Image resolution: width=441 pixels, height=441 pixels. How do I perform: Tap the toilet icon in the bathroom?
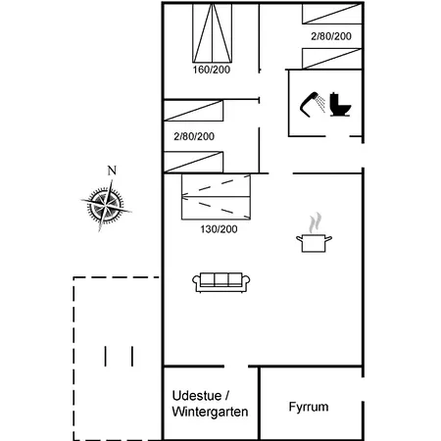tap(340, 105)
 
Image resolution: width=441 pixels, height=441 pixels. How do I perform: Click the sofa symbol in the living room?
tap(221, 282)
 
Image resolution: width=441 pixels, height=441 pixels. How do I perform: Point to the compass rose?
tap(106, 206)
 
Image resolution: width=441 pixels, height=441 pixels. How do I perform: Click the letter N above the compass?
tap(112, 171)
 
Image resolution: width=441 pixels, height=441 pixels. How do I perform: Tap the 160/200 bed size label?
tap(212, 70)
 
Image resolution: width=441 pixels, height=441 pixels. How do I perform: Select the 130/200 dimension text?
tap(219, 229)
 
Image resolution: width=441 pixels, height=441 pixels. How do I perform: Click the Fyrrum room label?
tap(309, 407)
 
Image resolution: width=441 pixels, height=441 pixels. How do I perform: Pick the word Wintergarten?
tap(210, 412)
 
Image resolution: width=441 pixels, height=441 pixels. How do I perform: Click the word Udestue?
tap(197, 396)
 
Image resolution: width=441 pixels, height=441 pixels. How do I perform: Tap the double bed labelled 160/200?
tap(213, 32)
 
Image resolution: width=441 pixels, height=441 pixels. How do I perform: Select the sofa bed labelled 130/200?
tap(216, 197)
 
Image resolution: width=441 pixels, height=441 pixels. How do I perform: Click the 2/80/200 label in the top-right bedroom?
tap(331, 36)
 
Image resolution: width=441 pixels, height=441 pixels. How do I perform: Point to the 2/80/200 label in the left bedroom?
tap(194, 136)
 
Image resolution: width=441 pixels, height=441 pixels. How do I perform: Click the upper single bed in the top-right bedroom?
tap(332, 14)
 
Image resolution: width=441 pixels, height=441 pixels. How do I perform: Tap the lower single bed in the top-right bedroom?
tap(332, 59)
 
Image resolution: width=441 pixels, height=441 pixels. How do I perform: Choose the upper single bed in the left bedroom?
tap(193, 111)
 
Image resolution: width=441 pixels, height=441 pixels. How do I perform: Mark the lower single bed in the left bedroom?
tap(193, 162)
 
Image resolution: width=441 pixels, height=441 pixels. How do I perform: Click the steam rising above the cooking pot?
tap(316, 223)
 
